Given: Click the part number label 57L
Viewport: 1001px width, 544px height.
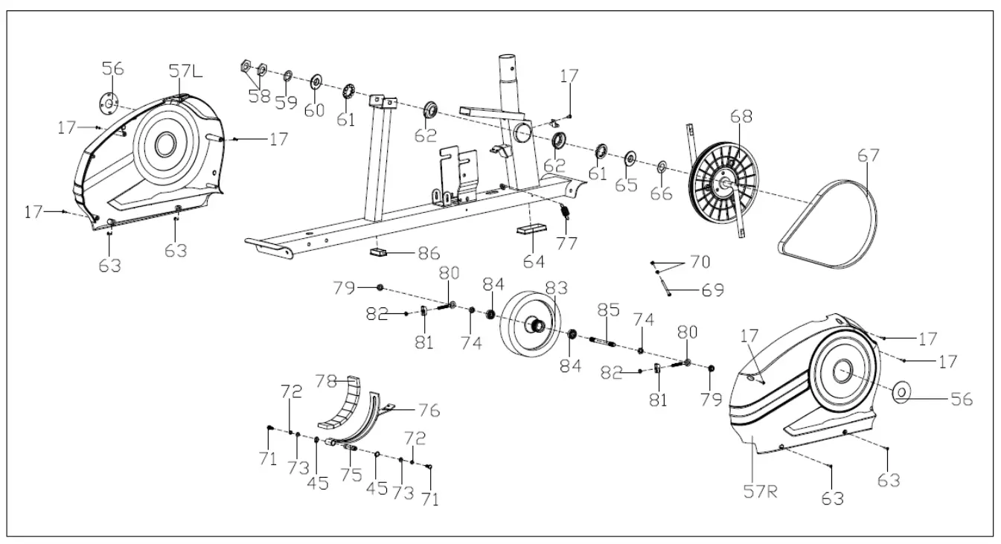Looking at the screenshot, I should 185,72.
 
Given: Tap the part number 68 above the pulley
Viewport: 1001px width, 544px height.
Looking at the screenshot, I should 741,117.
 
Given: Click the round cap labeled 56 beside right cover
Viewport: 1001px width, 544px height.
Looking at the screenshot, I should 901,391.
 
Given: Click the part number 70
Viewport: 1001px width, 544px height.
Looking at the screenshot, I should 699,262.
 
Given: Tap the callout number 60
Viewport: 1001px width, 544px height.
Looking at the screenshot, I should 314,109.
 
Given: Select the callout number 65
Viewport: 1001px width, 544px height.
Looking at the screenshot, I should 626,184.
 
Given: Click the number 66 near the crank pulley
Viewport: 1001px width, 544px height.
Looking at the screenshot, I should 661,193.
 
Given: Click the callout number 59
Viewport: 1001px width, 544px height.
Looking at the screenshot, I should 286,103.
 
